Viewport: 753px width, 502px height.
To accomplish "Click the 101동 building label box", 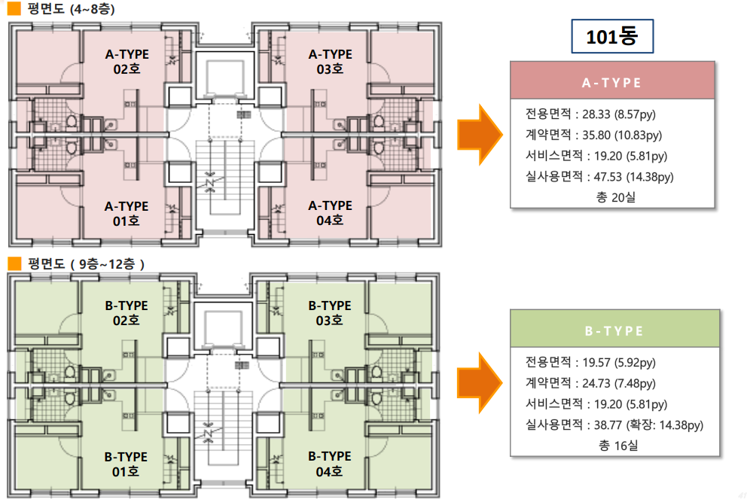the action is coord(612,36).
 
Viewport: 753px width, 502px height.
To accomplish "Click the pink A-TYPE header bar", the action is coord(612,81).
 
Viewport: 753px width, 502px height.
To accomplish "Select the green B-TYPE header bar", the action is coord(614,329).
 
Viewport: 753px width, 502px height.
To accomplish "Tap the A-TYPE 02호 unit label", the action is coord(127,62).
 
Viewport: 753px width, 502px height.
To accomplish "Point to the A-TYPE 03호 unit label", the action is coord(331,62).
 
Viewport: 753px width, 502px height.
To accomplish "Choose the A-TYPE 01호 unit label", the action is coord(127,214).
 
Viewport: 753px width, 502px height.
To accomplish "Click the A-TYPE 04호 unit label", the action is coord(331,213).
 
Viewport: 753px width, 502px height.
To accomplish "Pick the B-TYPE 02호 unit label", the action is coord(127,313).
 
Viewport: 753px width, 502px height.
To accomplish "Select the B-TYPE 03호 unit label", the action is coord(330,313).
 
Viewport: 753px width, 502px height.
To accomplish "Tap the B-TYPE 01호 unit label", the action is coord(126,464).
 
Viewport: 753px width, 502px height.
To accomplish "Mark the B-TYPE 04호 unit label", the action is coord(330,464).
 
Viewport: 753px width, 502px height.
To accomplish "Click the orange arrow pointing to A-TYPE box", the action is coord(480,135).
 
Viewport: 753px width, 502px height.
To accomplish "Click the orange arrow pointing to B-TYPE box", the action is coord(480,383).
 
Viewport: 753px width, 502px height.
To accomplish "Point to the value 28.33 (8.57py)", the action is coord(619,114).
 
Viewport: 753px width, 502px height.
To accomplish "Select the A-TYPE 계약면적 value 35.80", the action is coord(596,135).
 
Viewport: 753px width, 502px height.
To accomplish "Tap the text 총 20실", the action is coord(616,197).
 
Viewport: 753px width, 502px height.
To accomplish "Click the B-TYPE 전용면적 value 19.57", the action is coord(596,362).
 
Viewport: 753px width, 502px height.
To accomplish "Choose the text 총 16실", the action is coord(618,446).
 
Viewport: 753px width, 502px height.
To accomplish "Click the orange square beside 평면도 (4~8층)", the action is coord(14,8).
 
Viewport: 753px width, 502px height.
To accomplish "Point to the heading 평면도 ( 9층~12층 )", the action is coord(87,264).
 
